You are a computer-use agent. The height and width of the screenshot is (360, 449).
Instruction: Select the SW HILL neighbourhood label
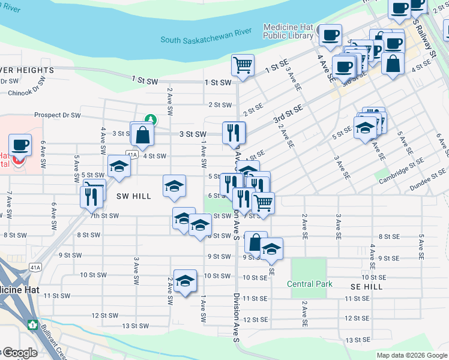coord(134,196)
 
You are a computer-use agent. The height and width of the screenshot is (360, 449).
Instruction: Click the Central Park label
coord(309,284)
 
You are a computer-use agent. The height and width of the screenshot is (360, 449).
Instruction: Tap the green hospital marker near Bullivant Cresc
coord(32,324)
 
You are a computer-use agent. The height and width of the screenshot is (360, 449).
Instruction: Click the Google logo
coord(19,353)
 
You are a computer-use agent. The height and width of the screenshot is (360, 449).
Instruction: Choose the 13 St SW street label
coord(135,326)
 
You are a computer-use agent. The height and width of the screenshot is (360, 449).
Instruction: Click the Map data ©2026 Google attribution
coord(412,355)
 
